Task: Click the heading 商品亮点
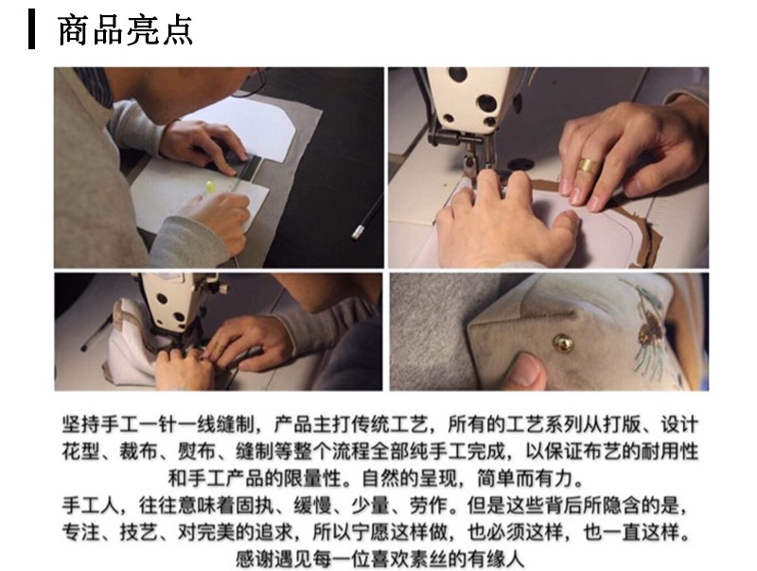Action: (126, 30)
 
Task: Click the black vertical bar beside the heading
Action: (31, 29)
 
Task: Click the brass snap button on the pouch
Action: (563, 344)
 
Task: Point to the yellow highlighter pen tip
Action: (209, 186)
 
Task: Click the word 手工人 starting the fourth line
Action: (90, 506)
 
